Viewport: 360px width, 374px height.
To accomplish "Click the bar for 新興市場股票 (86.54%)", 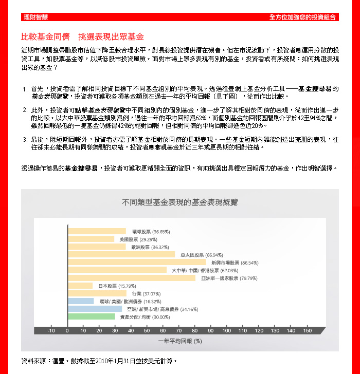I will coord(136,263).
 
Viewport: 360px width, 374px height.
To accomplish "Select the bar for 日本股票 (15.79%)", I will coord(80,286).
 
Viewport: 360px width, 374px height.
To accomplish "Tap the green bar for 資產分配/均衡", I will coord(91,317).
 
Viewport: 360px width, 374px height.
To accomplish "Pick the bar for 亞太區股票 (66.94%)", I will coord(121,254).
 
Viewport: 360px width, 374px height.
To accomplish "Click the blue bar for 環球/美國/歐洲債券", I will coord(80,302).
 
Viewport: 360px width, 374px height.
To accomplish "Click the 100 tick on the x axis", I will coord(227,331).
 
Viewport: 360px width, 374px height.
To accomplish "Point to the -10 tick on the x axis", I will coord(51,331).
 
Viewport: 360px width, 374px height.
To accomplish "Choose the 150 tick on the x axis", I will coord(308,331).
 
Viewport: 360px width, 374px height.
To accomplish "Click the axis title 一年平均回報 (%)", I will coord(179,341).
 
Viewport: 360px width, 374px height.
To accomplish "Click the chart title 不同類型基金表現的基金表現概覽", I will coord(179,202).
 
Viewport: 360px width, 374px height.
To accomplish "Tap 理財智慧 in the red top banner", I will coord(35,17).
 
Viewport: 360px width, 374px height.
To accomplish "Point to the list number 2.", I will coord(25,110).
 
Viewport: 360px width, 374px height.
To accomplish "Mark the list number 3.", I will coord(25,139).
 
